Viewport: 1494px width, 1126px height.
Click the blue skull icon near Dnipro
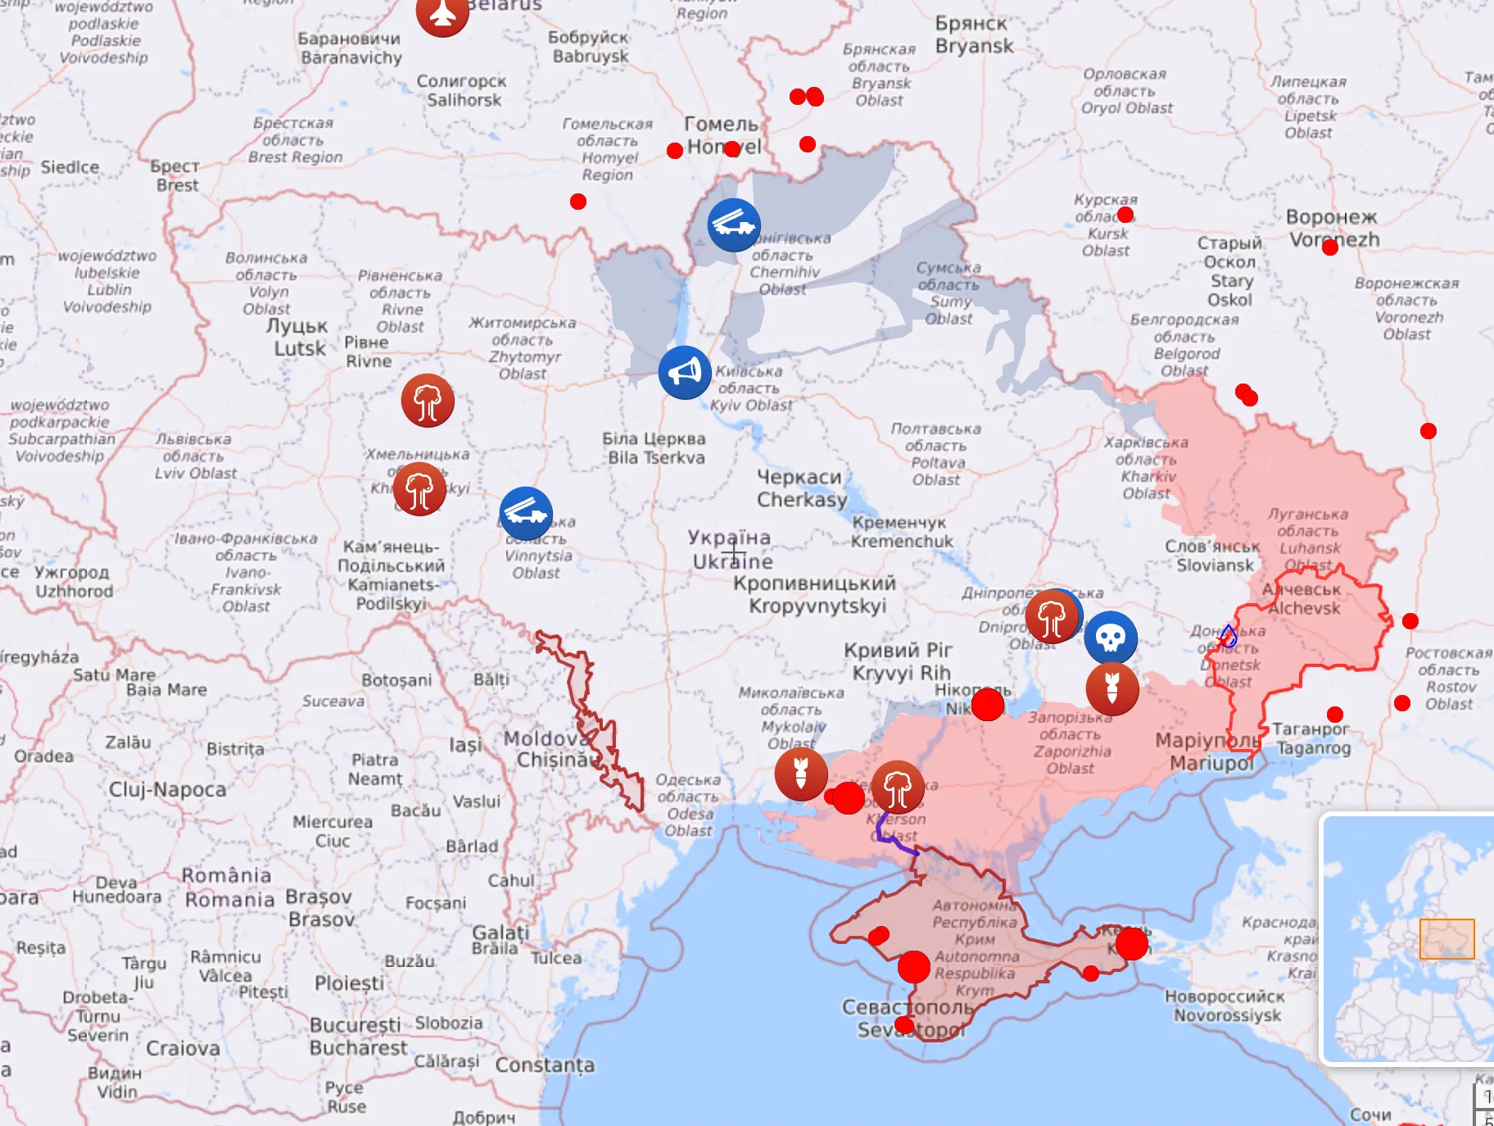tap(1111, 637)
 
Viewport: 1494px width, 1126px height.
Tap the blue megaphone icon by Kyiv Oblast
tap(685, 372)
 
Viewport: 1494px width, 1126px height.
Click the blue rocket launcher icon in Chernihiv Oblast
tap(734, 225)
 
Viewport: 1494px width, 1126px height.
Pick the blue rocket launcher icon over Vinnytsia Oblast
tap(526, 513)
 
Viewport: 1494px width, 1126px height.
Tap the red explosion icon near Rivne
tap(428, 401)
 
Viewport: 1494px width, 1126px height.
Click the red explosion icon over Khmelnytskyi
tap(419, 489)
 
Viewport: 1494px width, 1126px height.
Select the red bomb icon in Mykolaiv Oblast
tap(801, 773)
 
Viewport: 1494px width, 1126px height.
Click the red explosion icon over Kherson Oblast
tap(898, 787)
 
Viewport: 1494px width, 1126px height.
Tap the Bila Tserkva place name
tap(655, 448)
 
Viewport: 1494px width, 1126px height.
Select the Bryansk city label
tap(974, 35)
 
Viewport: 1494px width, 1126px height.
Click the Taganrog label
tap(1312, 738)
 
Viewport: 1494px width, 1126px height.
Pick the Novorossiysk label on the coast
tap(1225, 1006)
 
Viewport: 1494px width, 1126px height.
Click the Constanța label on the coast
tap(545, 1065)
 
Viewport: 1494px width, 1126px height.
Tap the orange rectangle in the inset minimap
tap(1446, 938)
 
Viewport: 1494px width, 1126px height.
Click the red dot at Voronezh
tap(1330, 247)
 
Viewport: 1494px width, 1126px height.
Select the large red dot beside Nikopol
tap(988, 704)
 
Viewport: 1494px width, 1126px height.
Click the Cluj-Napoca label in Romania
tap(168, 789)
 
